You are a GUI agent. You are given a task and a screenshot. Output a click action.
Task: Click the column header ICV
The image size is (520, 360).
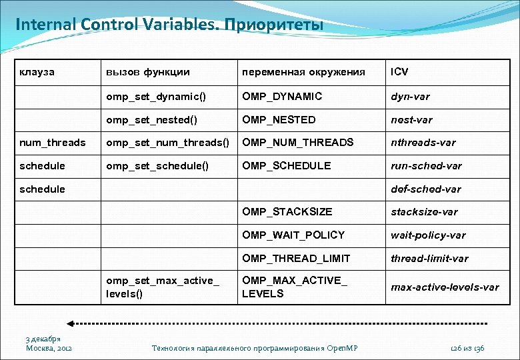tap(399, 72)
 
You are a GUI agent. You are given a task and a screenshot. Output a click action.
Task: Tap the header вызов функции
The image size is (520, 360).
tap(148, 72)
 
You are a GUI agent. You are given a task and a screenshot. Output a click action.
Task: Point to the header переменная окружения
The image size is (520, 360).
tap(303, 72)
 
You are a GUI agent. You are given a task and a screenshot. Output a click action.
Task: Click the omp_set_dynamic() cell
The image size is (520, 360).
tap(156, 97)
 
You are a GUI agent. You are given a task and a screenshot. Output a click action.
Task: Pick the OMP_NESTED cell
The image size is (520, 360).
tap(279, 120)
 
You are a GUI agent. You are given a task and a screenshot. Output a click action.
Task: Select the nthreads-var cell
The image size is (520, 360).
tap(423, 143)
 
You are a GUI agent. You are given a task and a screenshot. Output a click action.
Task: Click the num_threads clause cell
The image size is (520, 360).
tap(53, 143)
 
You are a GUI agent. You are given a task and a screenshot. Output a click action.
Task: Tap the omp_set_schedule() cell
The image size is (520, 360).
tap(157, 166)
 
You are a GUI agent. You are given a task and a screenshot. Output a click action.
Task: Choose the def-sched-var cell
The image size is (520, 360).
tap(425, 189)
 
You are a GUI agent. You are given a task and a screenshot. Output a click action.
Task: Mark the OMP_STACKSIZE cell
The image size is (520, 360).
tap(287, 212)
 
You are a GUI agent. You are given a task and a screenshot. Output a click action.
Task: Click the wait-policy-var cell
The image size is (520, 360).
tap(428, 235)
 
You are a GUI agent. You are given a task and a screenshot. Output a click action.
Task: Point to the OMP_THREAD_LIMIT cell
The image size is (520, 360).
tap(296, 258)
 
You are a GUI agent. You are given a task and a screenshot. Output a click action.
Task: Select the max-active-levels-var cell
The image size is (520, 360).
tap(445, 287)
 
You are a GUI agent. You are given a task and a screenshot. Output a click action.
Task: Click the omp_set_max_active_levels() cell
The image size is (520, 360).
tap(162, 287)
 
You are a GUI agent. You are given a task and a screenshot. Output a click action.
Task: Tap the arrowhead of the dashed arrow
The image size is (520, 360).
tap(72, 323)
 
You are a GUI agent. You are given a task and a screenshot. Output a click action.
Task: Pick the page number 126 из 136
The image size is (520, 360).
tap(467, 348)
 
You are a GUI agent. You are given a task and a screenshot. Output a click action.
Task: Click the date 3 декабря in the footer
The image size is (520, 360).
tap(43, 339)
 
